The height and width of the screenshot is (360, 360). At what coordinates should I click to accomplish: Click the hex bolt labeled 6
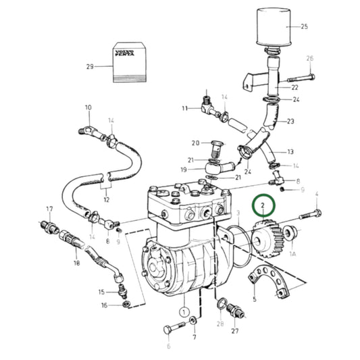click(173, 330)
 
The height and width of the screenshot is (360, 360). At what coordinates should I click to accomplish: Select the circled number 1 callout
click(182, 312)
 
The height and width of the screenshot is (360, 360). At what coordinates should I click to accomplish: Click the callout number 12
click(106, 200)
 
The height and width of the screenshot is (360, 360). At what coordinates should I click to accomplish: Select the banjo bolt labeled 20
click(215, 146)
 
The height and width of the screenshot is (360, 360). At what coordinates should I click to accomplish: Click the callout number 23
click(291, 122)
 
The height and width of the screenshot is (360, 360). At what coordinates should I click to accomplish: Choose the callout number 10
click(88, 108)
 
